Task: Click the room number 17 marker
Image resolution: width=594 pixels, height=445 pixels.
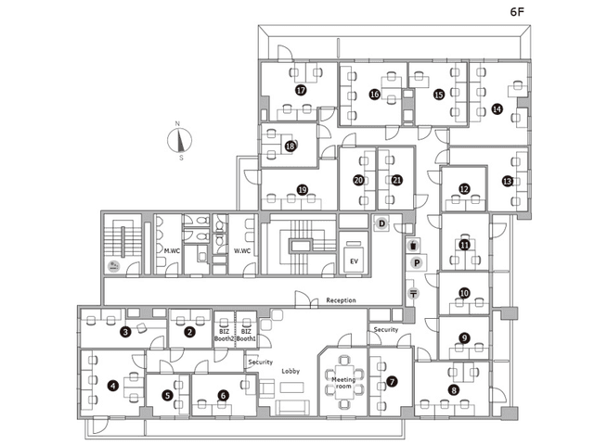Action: pos(301,91)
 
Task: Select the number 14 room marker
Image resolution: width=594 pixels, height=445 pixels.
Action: pos(497,109)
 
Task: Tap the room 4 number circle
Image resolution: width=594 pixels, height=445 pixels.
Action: pos(113,386)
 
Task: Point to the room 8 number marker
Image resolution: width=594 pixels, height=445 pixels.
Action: pos(454,389)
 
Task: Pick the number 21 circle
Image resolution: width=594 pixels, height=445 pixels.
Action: pos(396,180)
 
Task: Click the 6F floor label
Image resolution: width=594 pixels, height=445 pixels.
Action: pos(517,12)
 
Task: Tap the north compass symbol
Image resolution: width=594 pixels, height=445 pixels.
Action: pos(179,140)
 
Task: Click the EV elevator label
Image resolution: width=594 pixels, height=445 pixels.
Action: pos(354,261)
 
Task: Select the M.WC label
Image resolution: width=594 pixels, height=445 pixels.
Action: pos(172,250)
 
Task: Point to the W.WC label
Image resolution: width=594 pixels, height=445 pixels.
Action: pos(241,250)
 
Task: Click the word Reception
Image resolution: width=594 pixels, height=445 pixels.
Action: pos(341,300)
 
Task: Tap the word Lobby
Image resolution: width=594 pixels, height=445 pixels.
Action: pos(291,371)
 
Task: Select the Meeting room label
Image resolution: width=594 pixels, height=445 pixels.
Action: pos(343,383)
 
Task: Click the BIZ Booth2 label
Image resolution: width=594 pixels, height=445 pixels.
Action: pos(224,336)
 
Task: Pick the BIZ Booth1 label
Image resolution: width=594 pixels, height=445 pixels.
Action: pos(246,336)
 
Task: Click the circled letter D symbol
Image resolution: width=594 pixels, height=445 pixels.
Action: pos(381,223)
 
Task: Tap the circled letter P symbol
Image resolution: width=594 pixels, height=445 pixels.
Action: pos(417,262)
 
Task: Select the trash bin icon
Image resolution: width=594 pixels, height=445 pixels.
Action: pos(414,245)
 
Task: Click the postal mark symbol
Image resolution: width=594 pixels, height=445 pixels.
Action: pos(413,293)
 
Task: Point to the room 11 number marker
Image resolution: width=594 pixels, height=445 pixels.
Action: pos(464,245)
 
